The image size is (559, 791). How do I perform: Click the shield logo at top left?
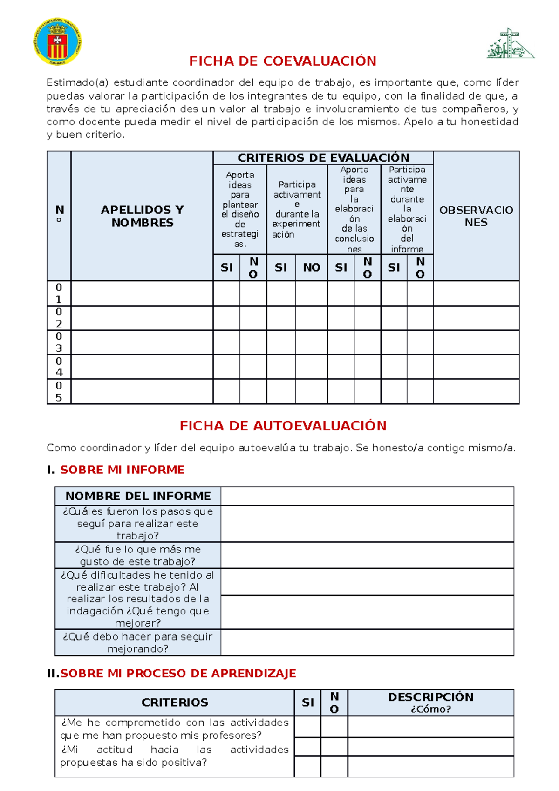[x=58, y=41]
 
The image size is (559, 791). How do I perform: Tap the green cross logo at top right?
[x=510, y=44]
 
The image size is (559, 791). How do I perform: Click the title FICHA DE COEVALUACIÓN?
[x=282, y=61]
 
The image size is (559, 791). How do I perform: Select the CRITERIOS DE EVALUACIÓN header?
[x=323, y=157]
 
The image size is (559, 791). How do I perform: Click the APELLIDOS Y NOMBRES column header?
[x=142, y=216]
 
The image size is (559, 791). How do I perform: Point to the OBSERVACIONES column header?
[x=476, y=216]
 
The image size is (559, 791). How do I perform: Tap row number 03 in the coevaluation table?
[x=59, y=342]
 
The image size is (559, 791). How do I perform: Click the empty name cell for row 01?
[x=142, y=293]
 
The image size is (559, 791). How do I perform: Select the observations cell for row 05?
[x=476, y=391]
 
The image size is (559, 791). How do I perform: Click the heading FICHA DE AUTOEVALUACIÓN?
[x=283, y=426]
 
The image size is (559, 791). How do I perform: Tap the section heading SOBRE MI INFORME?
[x=122, y=470]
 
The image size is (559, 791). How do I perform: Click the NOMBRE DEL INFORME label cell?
[x=138, y=496]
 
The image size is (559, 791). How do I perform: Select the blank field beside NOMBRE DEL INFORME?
[x=367, y=496]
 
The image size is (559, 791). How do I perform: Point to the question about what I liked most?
[x=138, y=555]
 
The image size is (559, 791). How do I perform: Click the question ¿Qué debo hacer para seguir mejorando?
[x=138, y=642]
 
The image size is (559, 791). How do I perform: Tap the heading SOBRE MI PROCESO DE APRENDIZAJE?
[x=178, y=673]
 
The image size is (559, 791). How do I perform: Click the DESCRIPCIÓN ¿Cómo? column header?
[x=430, y=702]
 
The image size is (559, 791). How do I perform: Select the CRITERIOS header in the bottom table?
[x=175, y=702]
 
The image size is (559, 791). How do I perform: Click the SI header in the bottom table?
[x=307, y=702]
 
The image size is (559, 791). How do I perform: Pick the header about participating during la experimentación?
[x=297, y=209]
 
